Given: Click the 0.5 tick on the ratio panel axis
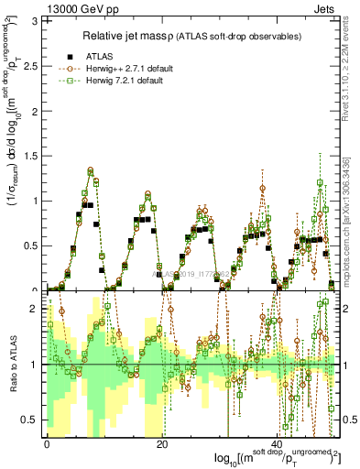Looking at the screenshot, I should click(x=32, y=420).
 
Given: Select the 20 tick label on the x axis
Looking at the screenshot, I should click(x=162, y=442).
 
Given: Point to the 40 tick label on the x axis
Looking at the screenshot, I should click(x=278, y=442).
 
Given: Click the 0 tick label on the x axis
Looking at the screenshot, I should click(x=47, y=442).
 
